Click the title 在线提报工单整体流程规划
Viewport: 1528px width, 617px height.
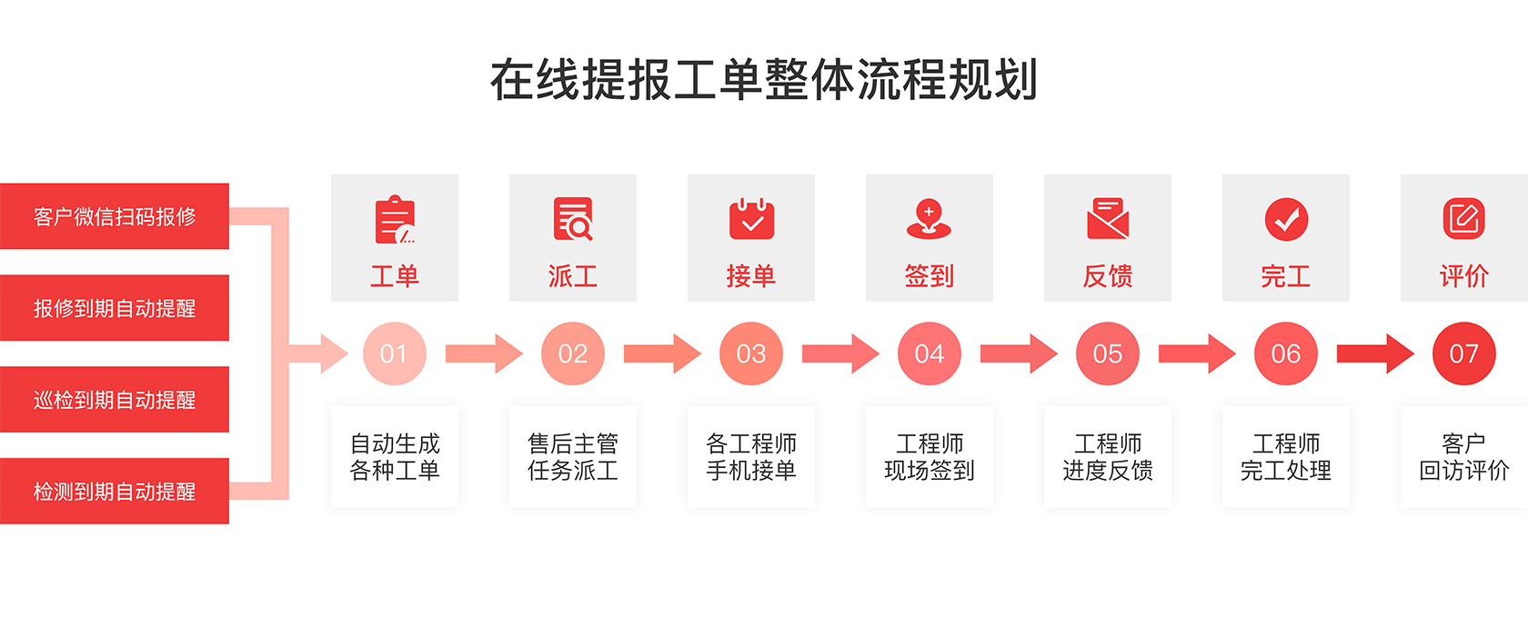[x=764, y=80]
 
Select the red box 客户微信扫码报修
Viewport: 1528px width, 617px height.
[x=114, y=216]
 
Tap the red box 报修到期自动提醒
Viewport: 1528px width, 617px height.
[x=114, y=307]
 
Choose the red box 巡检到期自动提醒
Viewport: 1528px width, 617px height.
[x=114, y=400]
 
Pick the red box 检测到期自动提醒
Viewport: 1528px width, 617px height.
[x=114, y=491]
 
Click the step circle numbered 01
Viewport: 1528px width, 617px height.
[x=395, y=353]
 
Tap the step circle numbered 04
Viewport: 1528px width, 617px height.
[x=930, y=353]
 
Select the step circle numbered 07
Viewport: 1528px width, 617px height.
[x=1464, y=353]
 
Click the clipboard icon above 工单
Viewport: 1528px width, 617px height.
[x=395, y=220]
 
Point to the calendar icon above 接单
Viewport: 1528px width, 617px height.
[x=751, y=219]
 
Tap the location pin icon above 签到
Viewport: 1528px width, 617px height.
[x=930, y=219]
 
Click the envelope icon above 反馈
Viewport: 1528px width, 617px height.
[x=1108, y=218]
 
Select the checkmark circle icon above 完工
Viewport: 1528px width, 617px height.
[x=1286, y=219]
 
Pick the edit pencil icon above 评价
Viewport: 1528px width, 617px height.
[x=1464, y=218]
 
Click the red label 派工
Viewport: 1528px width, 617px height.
[x=573, y=276]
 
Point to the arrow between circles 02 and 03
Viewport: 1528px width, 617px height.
[x=662, y=353]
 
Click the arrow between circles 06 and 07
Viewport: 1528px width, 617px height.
[x=1375, y=353]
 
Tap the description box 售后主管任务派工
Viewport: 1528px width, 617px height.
[x=573, y=457]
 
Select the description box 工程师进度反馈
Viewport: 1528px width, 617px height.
[x=1108, y=457]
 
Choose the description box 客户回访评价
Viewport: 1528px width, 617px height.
[x=1464, y=457]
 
